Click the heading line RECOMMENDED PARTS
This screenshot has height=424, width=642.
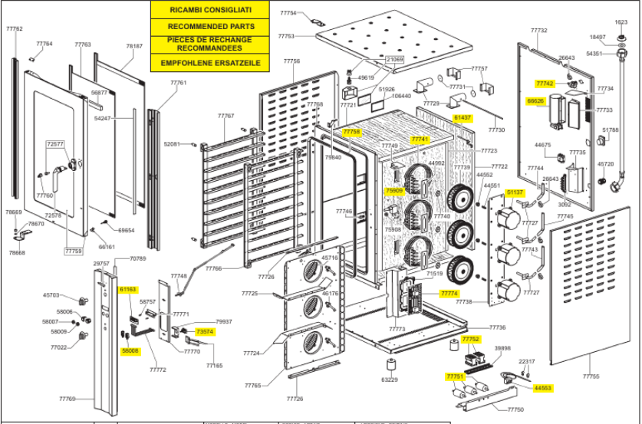pyautogui.click(x=209, y=26)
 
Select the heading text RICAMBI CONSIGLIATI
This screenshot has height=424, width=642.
pyautogui.click(x=209, y=10)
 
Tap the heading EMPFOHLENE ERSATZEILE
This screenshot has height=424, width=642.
pyautogui.click(x=209, y=62)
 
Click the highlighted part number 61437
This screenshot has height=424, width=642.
pyautogui.click(x=463, y=118)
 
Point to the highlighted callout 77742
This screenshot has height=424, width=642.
pyautogui.click(x=545, y=83)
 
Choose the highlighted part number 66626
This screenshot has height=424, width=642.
pyautogui.click(x=535, y=100)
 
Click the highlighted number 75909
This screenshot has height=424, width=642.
pyautogui.click(x=393, y=191)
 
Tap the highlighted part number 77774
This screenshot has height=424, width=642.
pyautogui.click(x=449, y=294)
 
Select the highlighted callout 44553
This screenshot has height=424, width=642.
pyautogui.click(x=543, y=389)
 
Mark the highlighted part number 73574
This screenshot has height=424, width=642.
pyautogui.click(x=205, y=331)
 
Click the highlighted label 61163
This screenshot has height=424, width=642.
pyautogui.click(x=128, y=289)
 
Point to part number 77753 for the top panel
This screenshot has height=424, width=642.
pyautogui.click(x=286, y=36)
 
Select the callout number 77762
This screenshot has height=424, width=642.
pyautogui.click(x=15, y=29)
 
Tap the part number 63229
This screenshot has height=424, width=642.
pyautogui.click(x=390, y=379)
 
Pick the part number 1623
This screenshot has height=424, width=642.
pyautogui.click(x=621, y=22)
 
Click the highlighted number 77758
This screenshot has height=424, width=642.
pyautogui.click(x=352, y=132)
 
